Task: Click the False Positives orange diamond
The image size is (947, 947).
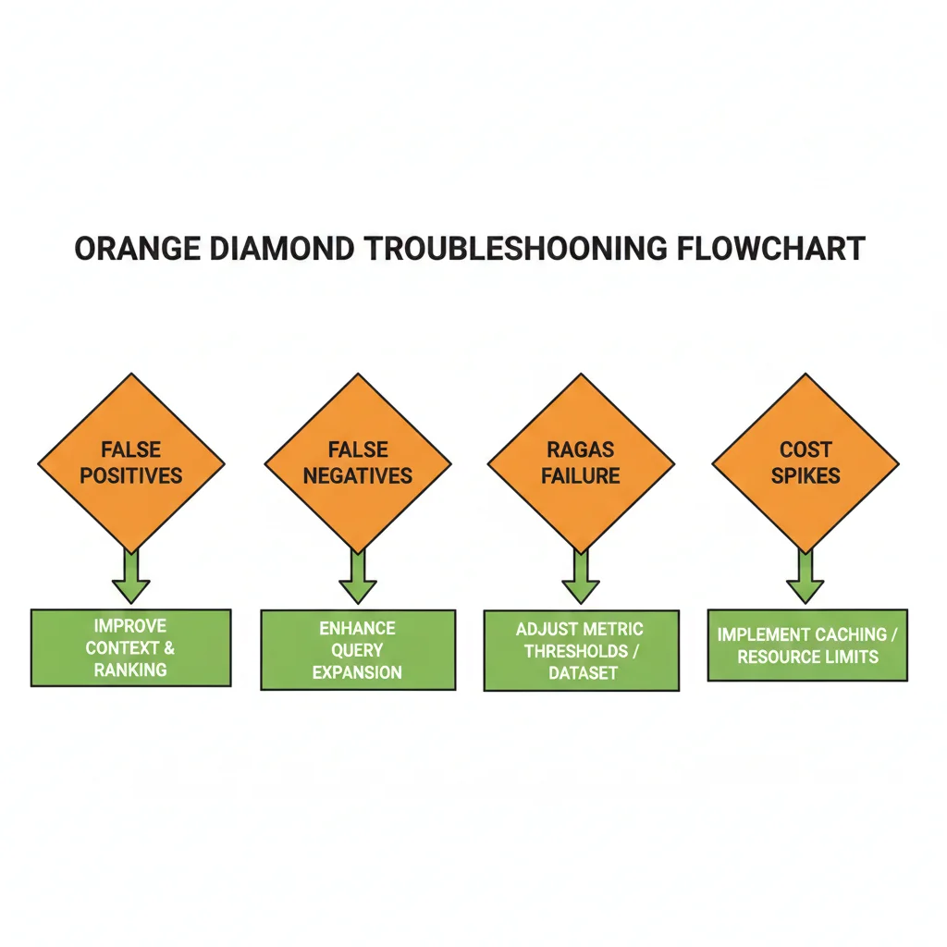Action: (130, 462)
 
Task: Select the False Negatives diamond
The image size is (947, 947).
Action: (358, 462)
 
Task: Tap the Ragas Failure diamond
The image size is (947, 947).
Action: (581, 462)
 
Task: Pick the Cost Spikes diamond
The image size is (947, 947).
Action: (806, 462)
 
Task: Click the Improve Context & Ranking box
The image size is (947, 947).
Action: (130, 647)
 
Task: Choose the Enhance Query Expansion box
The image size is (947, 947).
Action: (358, 649)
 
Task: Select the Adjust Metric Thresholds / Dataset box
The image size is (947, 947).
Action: (581, 650)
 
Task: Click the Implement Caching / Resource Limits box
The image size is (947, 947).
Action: (807, 645)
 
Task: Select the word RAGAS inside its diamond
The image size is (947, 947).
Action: (581, 450)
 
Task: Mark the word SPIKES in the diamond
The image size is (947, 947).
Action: (806, 476)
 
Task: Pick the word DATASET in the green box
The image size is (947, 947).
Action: (582, 672)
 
